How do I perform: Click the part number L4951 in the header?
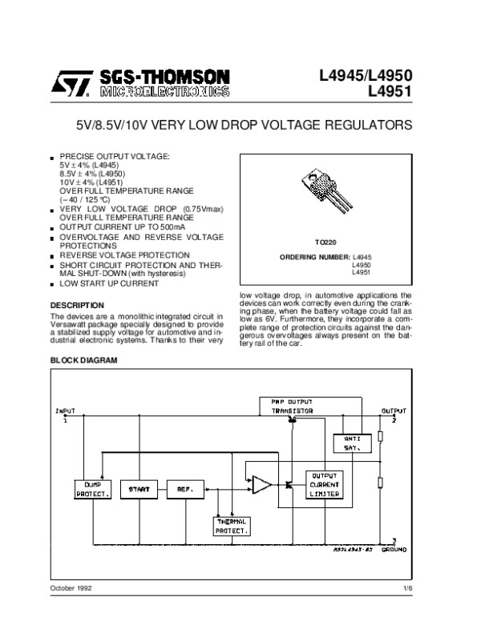pyautogui.click(x=390, y=91)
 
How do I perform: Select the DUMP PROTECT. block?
pyautogui.click(x=87, y=488)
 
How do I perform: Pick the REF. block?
pyautogui.click(x=177, y=488)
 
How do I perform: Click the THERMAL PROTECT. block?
pyautogui.click(x=232, y=525)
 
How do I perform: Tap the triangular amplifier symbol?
pyautogui.click(x=261, y=484)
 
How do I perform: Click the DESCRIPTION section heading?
pyautogui.click(x=77, y=305)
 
